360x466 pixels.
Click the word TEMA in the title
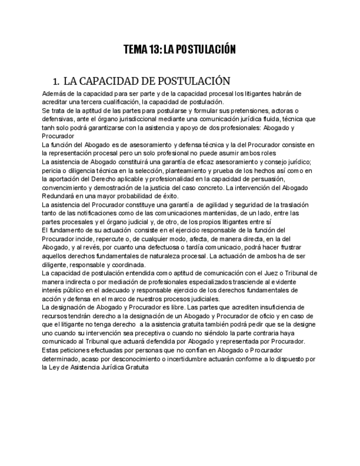click(135, 50)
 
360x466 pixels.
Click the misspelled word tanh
click(48, 127)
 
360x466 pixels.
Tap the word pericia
click(51, 170)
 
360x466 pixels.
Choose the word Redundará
click(59, 196)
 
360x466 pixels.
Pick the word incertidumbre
click(194, 358)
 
